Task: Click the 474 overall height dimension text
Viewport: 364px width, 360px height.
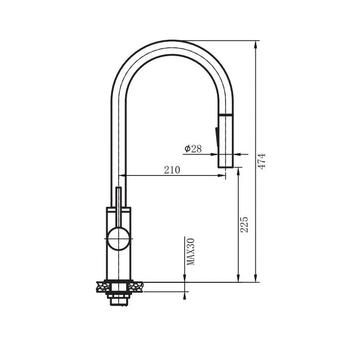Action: pyautogui.click(x=262, y=161)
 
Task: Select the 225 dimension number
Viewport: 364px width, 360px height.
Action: pyautogui.click(x=244, y=225)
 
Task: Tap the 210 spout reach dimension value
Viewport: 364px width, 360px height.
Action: pyautogui.click(x=172, y=170)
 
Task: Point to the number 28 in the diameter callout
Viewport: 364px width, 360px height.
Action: pyautogui.click(x=197, y=149)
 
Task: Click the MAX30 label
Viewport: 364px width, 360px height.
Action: pyautogui.click(x=191, y=251)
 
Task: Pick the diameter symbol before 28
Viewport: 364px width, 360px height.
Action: pyautogui.click(x=187, y=149)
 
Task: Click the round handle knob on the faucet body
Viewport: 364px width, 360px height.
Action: pyautogui.click(x=119, y=238)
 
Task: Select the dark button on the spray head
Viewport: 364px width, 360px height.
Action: pyautogui.click(x=217, y=137)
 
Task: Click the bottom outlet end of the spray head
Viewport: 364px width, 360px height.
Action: pyautogui.click(x=225, y=167)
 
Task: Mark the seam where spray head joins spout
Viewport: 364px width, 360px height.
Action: pyautogui.click(x=225, y=115)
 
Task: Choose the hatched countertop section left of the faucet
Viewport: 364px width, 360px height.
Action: pyautogui.click(x=103, y=286)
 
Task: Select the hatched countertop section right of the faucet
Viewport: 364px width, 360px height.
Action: pyautogui.click(x=136, y=286)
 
